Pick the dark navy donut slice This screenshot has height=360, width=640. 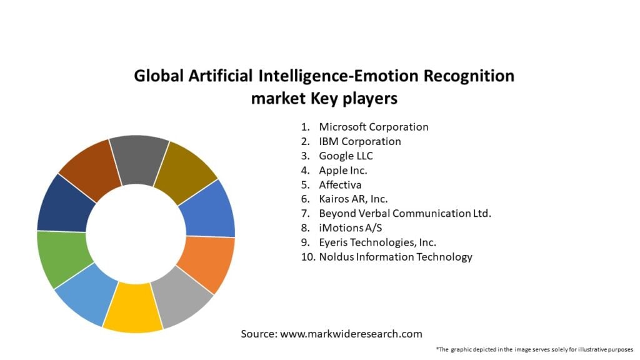[x=61, y=205]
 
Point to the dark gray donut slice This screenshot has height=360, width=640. [x=139, y=159]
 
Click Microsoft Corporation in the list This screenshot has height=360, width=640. [x=373, y=127]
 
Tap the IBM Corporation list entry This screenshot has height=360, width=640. [x=359, y=141]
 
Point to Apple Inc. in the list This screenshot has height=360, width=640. [x=342, y=170]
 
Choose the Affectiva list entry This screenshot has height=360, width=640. [x=340, y=185]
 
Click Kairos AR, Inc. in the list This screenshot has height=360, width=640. [x=353, y=199]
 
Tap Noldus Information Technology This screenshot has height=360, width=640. [x=395, y=257]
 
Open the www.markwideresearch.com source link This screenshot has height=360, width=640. [x=351, y=334]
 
